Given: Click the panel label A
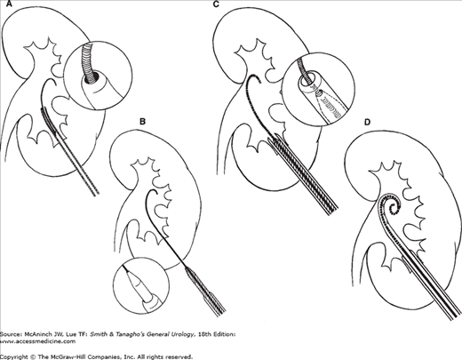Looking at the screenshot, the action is point(3,4).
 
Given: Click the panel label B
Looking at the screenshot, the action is point(142,122).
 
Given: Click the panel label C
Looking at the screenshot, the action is point(216,4).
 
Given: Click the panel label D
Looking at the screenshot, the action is point(368,122).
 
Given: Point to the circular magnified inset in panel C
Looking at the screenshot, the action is point(318,90).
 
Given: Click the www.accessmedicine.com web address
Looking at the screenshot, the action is point(37,341).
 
